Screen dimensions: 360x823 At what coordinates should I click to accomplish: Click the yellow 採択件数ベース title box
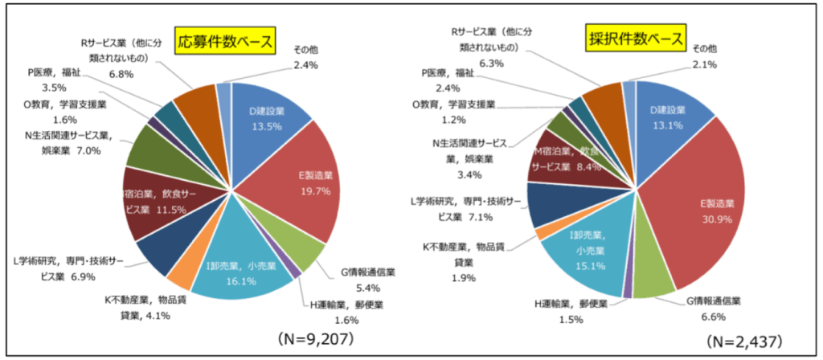[x=635, y=39]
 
